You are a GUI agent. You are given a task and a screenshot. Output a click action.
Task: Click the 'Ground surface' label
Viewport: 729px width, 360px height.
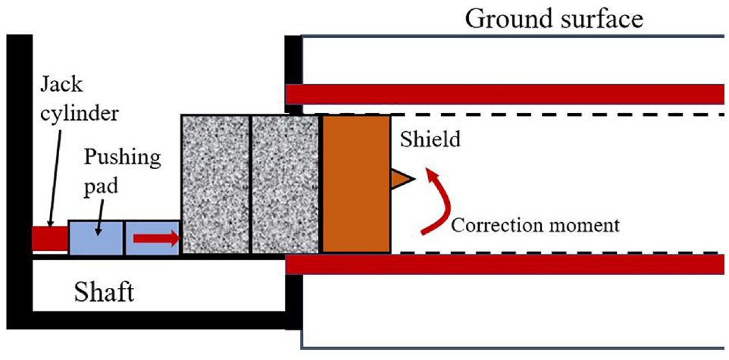point(555,20)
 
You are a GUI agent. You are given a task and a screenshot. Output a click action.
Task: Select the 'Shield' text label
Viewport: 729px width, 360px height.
point(430,139)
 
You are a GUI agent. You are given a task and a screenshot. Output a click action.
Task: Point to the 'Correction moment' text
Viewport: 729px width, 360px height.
point(536,226)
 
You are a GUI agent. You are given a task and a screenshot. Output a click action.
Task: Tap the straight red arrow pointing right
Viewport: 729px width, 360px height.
point(156,238)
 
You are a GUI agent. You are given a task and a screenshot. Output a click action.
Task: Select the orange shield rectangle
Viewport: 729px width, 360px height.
point(356,183)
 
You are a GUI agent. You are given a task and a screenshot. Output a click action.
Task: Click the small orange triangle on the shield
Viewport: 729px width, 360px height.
point(401,179)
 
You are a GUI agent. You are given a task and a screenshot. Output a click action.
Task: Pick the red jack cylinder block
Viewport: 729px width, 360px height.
point(50,238)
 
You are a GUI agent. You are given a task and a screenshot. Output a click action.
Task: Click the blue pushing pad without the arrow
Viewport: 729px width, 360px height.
point(96,238)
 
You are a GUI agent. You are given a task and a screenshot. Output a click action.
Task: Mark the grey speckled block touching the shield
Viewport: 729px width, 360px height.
point(286,184)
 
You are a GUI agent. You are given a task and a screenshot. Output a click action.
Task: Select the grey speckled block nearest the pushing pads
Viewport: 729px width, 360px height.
point(216,184)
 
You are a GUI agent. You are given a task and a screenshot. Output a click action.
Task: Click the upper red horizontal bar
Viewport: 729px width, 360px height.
point(507,94)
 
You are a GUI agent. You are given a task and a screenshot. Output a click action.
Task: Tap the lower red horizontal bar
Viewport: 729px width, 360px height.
point(507,264)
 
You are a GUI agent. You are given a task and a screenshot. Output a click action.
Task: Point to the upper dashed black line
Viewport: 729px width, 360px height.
point(520,114)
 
